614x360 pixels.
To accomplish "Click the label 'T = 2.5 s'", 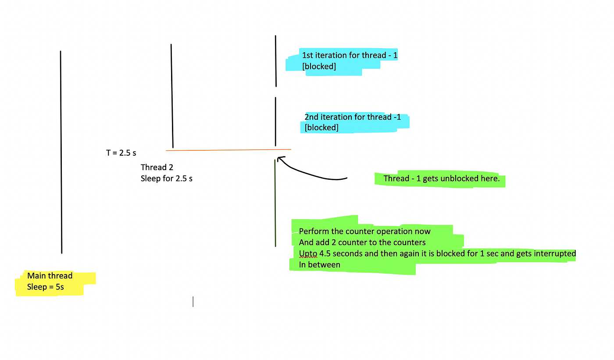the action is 121,153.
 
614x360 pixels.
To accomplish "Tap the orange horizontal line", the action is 228,150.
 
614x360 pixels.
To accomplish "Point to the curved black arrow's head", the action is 279,158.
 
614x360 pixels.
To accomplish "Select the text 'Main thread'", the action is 50,276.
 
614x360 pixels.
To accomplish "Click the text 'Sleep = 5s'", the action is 45,287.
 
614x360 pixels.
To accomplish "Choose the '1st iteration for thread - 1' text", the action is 350,55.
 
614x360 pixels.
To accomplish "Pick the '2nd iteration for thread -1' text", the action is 353,117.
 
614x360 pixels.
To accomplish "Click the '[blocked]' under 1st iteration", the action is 319,66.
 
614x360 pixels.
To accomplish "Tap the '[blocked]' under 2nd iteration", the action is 321,128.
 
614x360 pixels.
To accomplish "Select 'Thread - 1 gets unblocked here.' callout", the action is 441,179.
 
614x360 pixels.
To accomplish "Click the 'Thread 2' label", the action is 153,168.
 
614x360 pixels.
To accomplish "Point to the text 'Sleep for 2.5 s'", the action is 167,178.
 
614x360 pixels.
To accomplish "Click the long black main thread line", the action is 61,152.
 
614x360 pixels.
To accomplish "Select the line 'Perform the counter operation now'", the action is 364,232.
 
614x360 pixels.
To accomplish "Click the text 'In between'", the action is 319,265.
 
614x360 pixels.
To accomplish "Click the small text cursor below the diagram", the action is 193,302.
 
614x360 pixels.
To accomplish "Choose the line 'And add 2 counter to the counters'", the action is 362,242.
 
